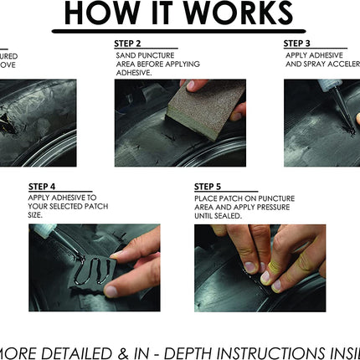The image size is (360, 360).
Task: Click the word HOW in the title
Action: (x=100, y=13)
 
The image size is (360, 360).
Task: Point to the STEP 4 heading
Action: (x=43, y=187)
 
